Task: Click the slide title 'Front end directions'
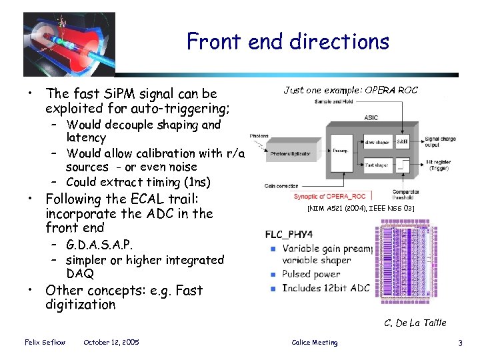(287, 41)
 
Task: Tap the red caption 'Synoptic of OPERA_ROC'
(330, 197)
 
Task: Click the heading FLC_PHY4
(289, 234)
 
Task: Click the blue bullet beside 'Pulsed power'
(273, 275)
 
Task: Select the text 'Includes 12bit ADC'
(325, 288)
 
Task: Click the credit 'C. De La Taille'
(415, 323)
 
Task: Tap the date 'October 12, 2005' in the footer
(111, 342)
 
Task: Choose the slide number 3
(460, 343)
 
